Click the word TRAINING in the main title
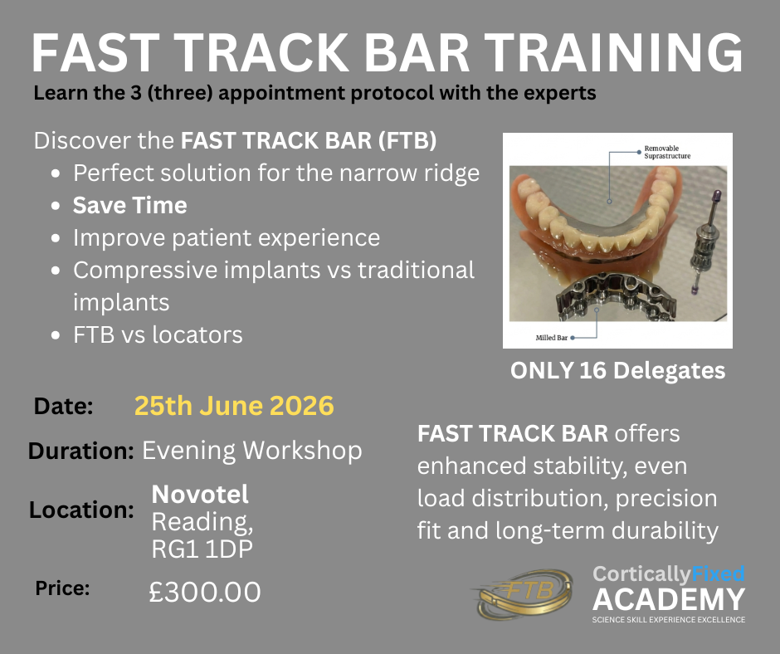coord(614,52)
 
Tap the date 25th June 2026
coord(234,406)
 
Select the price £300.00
coord(205,592)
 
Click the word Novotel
coord(200,494)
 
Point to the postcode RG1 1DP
coord(202,549)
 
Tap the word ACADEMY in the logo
coord(669,599)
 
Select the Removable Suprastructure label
coord(668,152)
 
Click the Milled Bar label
coord(551,338)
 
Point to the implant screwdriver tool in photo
coord(704,241)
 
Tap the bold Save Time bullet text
coord(130,205)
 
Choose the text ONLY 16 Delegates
coord(618,371)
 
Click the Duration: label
coord(81,451)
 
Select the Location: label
coord(81,510)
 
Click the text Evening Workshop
coord(252,451)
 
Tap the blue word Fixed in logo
coord(717,573)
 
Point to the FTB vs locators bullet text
coord(158,334)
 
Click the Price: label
coord(63,588)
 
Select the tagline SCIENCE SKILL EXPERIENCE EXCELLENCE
coord(669,620)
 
